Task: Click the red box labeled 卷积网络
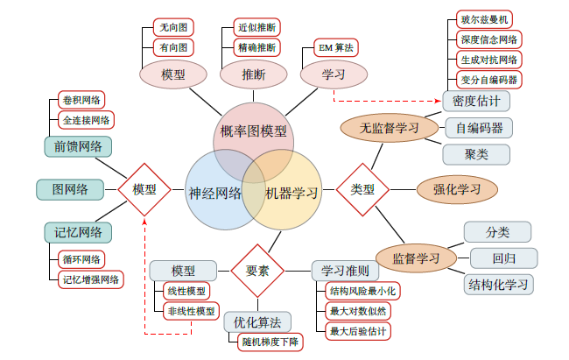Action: [x=81, y=99]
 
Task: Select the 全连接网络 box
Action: [x=86, y=119]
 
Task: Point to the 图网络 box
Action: [x=69, y=189]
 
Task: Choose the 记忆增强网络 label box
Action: [x=91, y=279]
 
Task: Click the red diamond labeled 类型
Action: [x=362, y=189]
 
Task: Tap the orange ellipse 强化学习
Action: [x=457, y=188]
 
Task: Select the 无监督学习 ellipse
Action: [x=390, y=128]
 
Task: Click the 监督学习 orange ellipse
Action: [x=415, y=258]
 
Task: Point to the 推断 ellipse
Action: [x=254, y=75]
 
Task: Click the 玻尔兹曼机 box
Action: [x=485, y=19]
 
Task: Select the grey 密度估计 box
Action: [x=476, y=101]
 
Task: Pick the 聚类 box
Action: [x=476, y=153]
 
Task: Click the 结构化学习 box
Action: [x=499, y=284]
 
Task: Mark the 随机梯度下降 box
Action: [x=270, y=342]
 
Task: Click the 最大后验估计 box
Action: [x=357, y=331]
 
